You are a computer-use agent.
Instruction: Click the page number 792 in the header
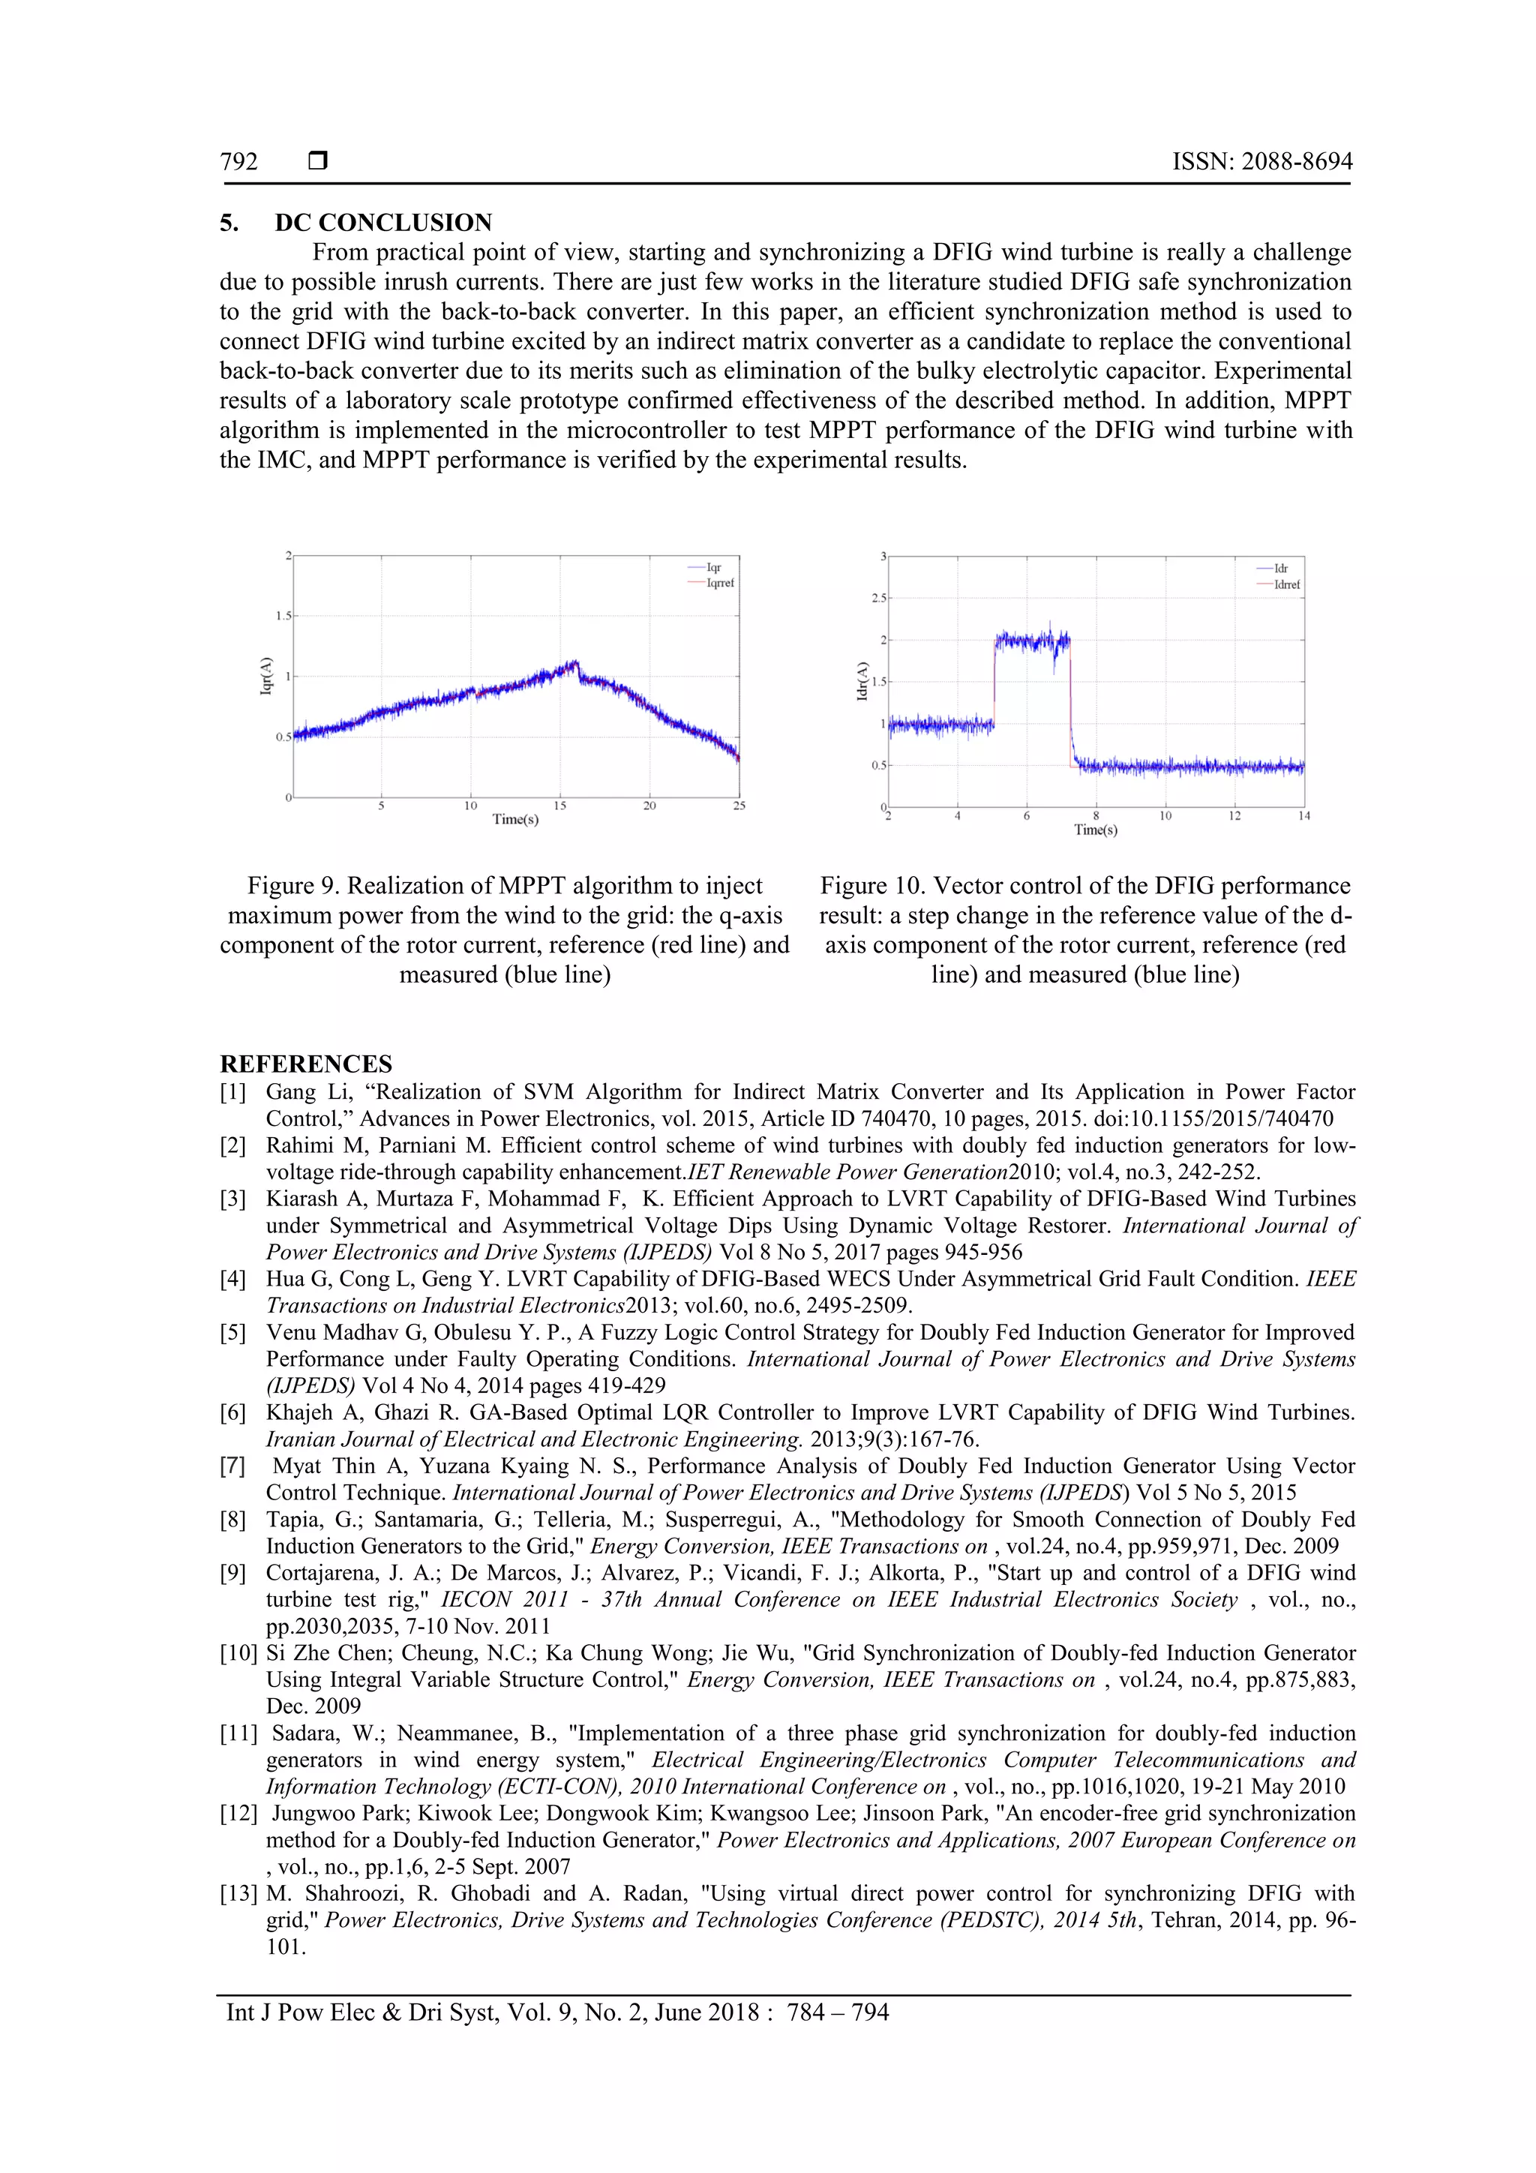(x=238, y=162)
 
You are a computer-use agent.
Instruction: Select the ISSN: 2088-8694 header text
(x=1261, y=162)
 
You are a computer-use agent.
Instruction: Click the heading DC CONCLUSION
(x=382, y=223)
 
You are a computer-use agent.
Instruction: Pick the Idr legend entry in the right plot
(x=1280, y=569)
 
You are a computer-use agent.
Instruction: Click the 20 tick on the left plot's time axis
(x=649, y=806)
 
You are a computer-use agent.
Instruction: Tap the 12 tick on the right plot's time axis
(x=1234, y=816)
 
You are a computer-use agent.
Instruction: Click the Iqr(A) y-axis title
(x=266, y=676)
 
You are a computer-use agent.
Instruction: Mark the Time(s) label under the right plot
(x=1095, y=830)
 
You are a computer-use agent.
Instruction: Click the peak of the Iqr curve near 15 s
(x=574, y=662)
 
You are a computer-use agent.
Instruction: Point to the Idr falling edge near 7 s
(x=1070, y=701)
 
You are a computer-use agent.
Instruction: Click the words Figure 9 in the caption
(x=292, y=886)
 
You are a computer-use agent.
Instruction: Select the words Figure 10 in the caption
(x=871, y=886)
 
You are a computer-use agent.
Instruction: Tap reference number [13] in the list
(x=238, y=1894)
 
